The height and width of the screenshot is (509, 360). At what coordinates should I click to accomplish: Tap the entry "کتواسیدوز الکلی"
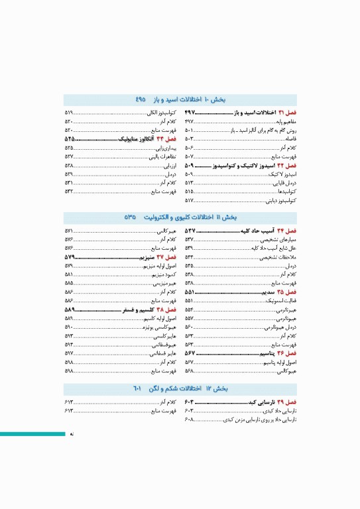[163, 114]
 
